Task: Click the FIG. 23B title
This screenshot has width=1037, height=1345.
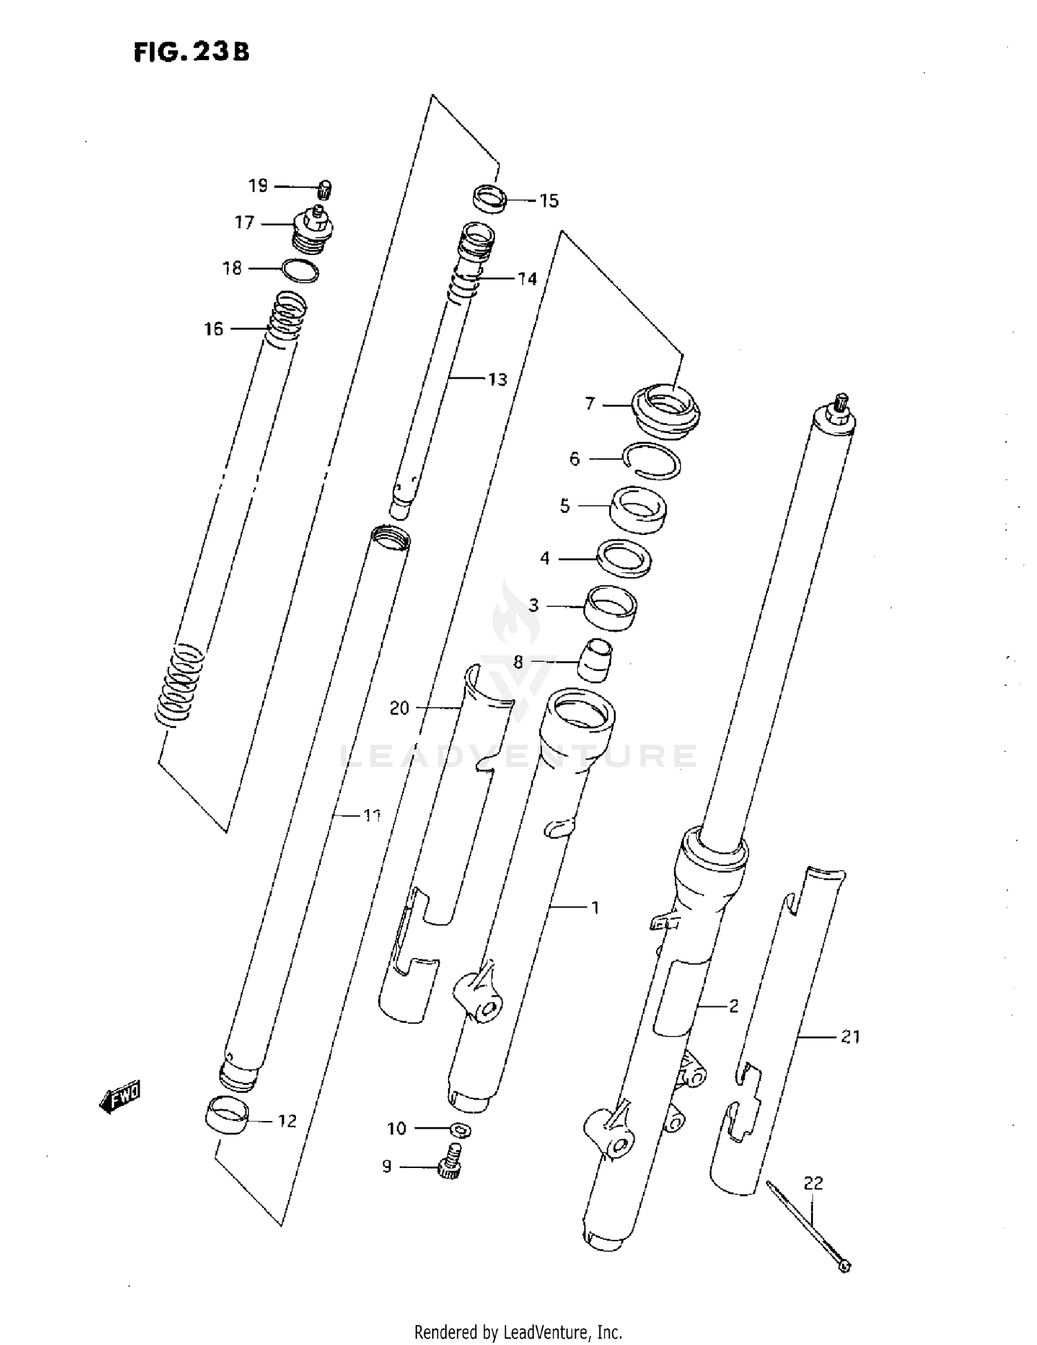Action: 191,52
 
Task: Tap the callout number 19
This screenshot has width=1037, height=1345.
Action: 258,186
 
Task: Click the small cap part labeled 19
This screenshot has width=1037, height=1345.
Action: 325,188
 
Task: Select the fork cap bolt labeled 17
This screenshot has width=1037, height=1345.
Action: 315,231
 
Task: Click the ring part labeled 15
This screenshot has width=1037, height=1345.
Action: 490,197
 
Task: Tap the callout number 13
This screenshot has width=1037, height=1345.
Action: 497,379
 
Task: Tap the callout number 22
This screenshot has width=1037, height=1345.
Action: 814,1183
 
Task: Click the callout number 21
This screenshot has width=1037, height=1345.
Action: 850,1037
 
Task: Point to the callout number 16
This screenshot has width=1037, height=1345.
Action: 214,329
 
